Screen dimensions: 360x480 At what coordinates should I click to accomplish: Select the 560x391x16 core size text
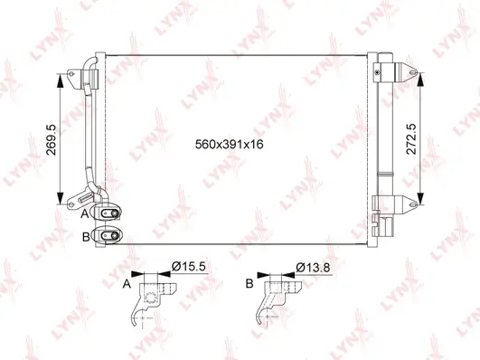(x=234, y=143)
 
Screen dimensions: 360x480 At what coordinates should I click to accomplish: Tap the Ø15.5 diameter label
(x=190, y=266)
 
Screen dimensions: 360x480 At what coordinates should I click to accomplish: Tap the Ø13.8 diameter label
(x=311, y=266)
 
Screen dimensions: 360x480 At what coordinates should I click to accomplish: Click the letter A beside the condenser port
(x=84, y=214)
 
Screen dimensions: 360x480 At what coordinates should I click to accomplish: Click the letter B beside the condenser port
(x=84, y=236)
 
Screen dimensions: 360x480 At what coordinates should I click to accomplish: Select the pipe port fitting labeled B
(x=109, y=235)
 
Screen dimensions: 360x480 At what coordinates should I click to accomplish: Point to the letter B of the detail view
(x=249, y=283)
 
